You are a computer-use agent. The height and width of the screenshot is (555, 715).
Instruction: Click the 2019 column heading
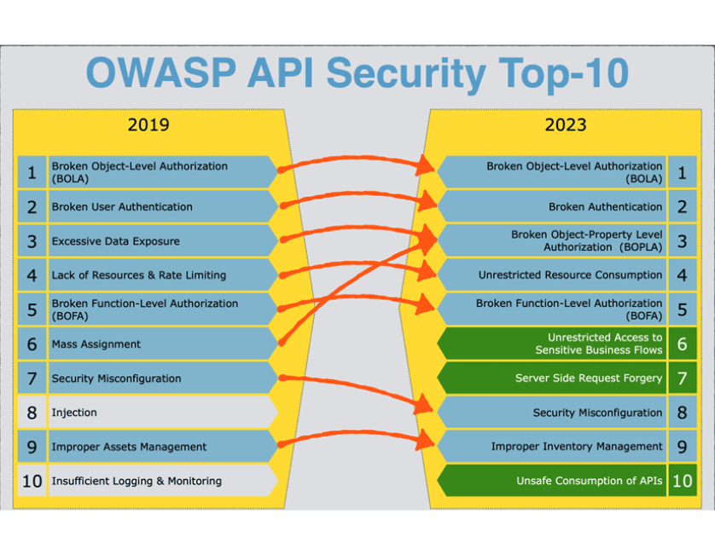(x=148, y=124)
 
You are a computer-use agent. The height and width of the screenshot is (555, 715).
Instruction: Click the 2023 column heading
(x=566, y=124)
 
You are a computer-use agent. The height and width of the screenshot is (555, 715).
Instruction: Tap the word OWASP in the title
(x=161, y=72)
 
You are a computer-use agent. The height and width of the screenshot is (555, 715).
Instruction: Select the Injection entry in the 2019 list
(x=74, y=413)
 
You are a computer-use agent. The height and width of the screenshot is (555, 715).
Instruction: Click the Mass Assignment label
(x=96, y=344)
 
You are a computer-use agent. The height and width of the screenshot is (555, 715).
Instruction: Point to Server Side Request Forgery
(x=589, y=379)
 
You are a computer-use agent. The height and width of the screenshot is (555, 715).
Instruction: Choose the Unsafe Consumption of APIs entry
(x=589, y=481)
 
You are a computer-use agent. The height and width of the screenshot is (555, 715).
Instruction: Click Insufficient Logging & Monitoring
(x=137, y=481)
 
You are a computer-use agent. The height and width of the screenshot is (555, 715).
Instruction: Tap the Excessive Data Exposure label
(x=116, y=241)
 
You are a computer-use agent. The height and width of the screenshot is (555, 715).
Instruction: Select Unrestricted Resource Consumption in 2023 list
(x=570, y=275)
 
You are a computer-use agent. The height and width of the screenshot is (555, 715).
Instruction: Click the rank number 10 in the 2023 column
(x=683, y=481)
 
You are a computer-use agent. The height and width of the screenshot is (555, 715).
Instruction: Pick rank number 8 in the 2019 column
(x=32, y=413)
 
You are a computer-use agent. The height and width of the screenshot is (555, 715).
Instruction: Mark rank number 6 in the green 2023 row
(x=683, y=344)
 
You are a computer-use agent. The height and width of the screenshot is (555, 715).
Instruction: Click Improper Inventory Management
(x=577, y=447)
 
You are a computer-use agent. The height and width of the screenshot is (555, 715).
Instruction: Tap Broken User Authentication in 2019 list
(x=122, y=207)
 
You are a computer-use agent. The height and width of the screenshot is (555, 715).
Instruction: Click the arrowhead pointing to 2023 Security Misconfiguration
(x=424, y=405)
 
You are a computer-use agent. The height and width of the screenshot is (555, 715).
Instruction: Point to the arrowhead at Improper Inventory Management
(x=426, y=440)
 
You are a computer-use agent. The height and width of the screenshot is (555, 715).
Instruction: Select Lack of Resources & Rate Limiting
(x=139, y=275)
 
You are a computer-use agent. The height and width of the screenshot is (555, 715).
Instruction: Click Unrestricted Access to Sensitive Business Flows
(x=599, y=344)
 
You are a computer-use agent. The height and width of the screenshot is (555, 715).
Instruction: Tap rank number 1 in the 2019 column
(x=32, y=173)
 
